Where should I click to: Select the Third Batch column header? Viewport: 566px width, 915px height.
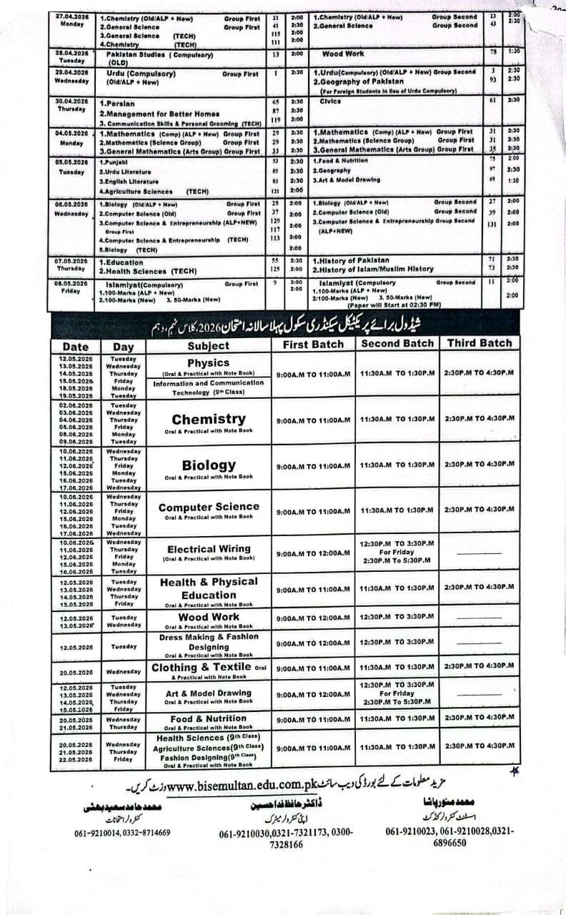480,343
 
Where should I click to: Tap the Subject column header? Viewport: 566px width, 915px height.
208,346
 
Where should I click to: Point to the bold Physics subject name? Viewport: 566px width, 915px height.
208,363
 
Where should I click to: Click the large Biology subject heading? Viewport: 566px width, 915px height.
209,465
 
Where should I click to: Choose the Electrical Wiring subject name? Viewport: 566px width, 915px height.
209,549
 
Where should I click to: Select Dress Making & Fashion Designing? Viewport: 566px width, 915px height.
209,642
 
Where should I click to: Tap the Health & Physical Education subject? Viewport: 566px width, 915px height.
209,588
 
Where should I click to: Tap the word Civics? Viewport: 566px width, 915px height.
331,101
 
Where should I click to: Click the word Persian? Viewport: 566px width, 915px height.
119,104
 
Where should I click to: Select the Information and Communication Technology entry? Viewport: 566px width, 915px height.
208,387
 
